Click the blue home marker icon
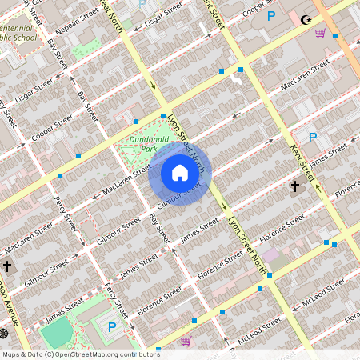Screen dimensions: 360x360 tap(179, 173)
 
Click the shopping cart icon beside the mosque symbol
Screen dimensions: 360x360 tap(320, 33)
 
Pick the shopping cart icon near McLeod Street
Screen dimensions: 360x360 tap(186, 340)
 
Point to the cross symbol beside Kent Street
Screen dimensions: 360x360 tap(294, 186)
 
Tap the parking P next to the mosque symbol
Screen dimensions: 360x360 tap(271, 16)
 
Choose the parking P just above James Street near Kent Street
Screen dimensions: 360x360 tap(313, 138)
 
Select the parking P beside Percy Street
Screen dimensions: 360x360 tap(111, 326)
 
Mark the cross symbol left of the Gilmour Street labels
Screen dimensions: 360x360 tap(7, 266)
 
